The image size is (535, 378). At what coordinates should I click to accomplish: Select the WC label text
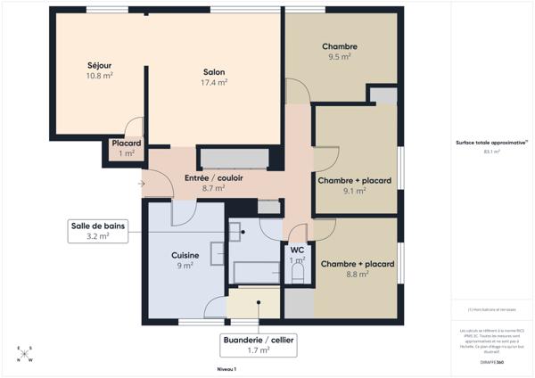pyautogui.click(x=297, y=251)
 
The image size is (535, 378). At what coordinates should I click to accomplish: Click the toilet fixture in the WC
pyautogui.click(x=298, y=274)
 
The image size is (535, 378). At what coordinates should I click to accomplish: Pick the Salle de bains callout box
pyautogui.click(x=98, y=231)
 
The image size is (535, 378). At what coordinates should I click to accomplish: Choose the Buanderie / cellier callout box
pyautogui.click(x=258, y=345)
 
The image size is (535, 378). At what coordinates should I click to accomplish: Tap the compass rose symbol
pyautogui.click(x=25, y=354)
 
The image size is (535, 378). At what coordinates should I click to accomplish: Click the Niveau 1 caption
pyautogui.click(x=226, y=368)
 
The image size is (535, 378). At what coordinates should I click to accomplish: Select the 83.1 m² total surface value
pyautogui.click(x=491, y=152)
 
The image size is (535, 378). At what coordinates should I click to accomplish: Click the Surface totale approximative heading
pyautogui.click(x=491, y=143)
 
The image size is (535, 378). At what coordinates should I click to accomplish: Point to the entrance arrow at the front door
pyautogui.click(x=142, y=185)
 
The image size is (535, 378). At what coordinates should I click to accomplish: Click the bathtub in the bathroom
pyautogui.click(x=255, y=271)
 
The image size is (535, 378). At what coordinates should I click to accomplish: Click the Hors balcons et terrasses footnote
pyautogui.click(x=491, y=309)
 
